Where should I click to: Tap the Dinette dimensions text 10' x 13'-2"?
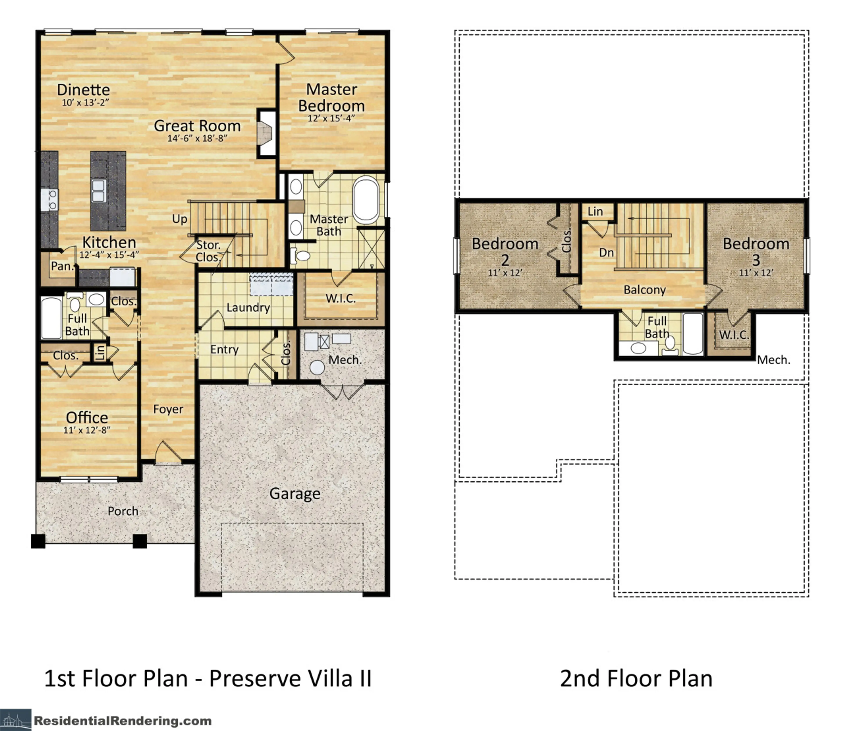tap(86, 102)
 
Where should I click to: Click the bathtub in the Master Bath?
tap(366, 200)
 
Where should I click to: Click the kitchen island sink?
tap(98, 191)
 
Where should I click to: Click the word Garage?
tap(295, 494)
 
